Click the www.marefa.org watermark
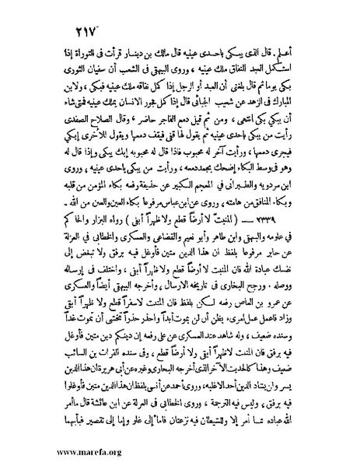tap(53, 454)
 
